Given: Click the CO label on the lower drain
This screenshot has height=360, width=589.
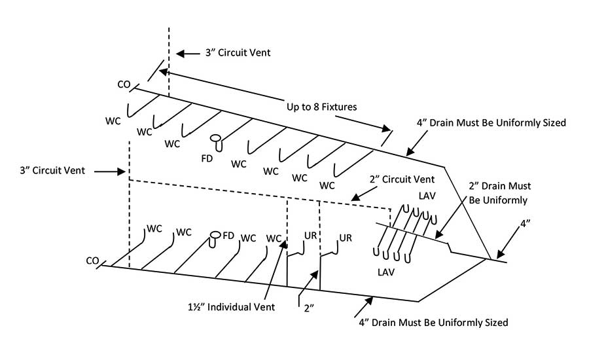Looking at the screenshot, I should [92, 261].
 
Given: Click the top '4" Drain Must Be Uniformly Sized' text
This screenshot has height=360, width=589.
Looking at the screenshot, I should [490, 122].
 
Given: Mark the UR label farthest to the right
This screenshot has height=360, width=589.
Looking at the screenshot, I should [346, 237].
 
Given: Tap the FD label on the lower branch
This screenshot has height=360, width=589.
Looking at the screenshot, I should [228, 235].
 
